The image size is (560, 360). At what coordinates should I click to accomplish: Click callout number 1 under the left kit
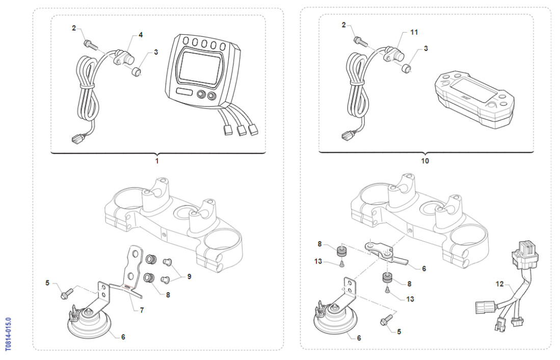click(x=157, y=161)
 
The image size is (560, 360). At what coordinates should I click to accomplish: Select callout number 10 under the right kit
click(x=424, y=161)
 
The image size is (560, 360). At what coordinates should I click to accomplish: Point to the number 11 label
click(x=414, y=32)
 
